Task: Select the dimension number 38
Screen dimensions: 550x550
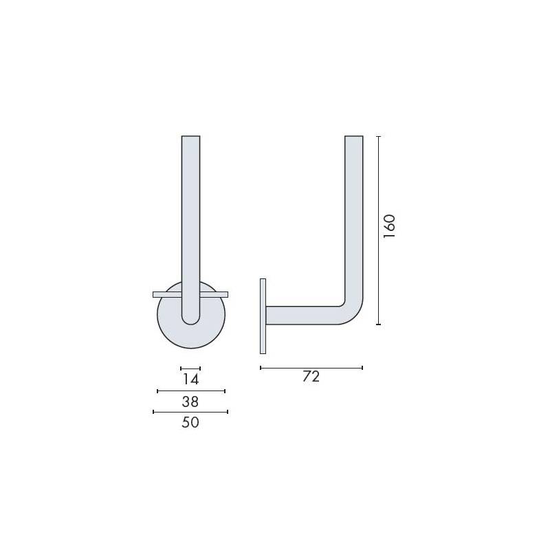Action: click(x=190, y=401)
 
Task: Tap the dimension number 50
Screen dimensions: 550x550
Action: click(x=190, y=423)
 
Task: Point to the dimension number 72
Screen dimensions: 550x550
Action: click(x=311, y=377)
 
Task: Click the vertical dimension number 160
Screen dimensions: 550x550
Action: click(x=390, y=226)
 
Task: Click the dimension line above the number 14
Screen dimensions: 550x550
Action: click(x=190, y=368)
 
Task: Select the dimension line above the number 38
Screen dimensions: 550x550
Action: click(x=191, y=390)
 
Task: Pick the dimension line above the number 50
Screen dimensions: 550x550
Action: click(x=190, y=412)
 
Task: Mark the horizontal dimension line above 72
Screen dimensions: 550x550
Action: click(x=311, y=368)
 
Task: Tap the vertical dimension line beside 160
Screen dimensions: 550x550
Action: click(x=379, y=230)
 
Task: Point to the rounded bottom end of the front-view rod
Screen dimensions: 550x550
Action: click(x=190, y=318)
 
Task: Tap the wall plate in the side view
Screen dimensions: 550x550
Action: click(x=263, y=316)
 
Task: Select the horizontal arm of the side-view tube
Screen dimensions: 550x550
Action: click(x=302, y=315)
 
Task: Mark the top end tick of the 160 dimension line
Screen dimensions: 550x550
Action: click(x=379, y=137)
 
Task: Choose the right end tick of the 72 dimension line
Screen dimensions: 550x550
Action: click(x=362, y=368)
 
